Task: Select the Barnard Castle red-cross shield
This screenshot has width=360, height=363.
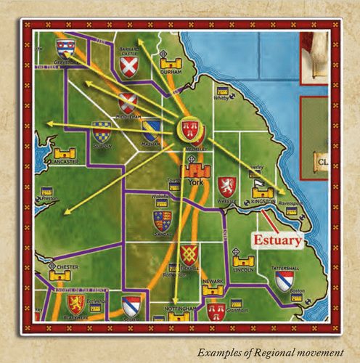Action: coord(128,68)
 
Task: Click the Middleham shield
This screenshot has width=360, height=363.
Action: coord(128,102)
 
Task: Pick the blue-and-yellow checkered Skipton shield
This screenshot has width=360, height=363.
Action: coord(102,131)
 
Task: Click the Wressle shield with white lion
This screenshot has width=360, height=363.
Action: coord(227,180)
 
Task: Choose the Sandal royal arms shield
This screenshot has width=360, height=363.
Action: coord(163,220)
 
